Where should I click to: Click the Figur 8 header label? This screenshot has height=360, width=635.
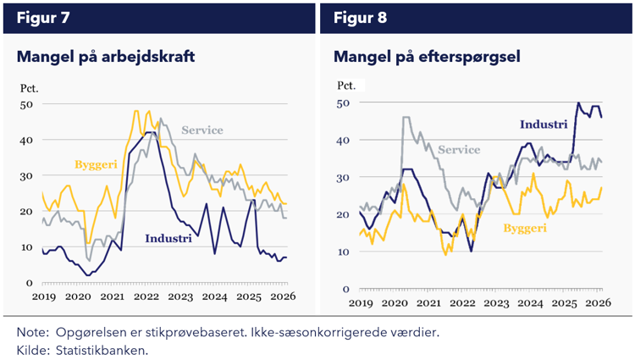pyautogui.click(x=360, y=16)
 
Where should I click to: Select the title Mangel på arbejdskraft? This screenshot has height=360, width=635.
pyautogui.click(x=105, y=58)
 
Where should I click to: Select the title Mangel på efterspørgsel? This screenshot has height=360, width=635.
pyautogui.click(x=426, y=58)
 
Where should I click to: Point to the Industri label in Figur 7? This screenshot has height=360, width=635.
pyautogui.click(x=168, y=238)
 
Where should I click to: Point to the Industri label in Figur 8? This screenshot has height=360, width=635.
pyautogui.click(x=543, y=125)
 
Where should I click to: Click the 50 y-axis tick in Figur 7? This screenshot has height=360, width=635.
pyautogui.click(x=26, y=104)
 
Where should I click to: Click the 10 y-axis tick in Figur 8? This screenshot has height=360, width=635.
pyautogui.click(x=345, y=252)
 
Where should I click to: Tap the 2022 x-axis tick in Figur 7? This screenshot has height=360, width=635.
pyautogui.click(x=146, y=297)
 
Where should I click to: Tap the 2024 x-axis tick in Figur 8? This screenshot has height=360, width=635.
pyautogui.click(x=530, y=302)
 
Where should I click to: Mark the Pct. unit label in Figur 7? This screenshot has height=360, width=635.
pyautogui.click(x=30, y=87)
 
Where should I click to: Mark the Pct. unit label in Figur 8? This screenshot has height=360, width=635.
pyautogui.click(x=347, y=85)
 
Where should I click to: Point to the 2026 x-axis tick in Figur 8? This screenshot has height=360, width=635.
pyautogui.click(x=599, y=302)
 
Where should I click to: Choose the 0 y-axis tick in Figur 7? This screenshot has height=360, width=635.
pyautogui.click(x=30, y=283)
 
